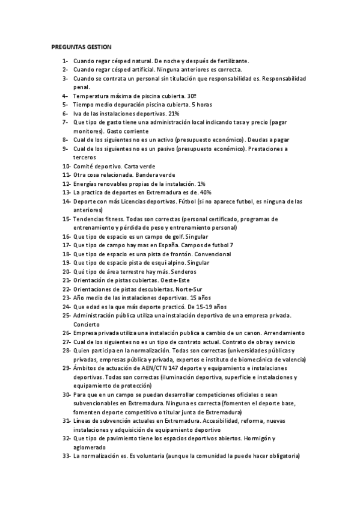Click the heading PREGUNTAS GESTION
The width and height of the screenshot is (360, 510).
[86, 46]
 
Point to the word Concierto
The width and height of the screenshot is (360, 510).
[87, 324]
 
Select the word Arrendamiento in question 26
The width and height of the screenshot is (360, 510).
[282, 333]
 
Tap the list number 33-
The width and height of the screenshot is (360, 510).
[67, 456]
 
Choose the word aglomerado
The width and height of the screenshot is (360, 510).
[90, 448]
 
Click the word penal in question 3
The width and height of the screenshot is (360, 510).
[81, 87]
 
